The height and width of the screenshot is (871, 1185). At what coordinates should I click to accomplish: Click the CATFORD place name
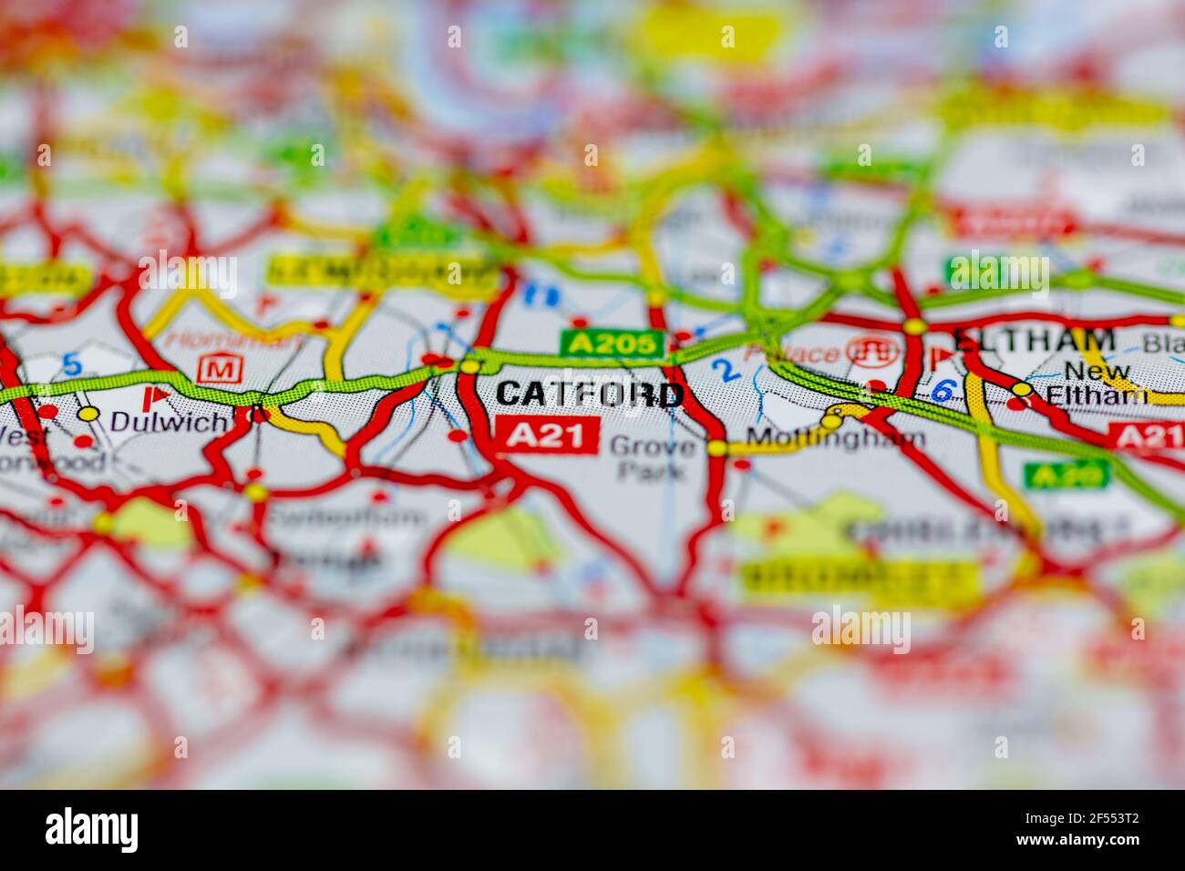click(590, 394)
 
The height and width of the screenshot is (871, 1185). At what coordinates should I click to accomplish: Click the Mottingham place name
click(835, 438)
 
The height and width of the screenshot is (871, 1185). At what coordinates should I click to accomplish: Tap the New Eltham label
click(1097, 384)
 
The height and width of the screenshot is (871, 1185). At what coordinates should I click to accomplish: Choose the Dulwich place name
click(168, 421)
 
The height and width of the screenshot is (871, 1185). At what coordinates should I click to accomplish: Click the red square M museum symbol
click(216, 369)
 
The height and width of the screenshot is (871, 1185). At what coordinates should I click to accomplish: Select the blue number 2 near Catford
click(725, 369)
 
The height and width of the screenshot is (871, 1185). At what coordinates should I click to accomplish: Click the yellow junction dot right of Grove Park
click(718, 448)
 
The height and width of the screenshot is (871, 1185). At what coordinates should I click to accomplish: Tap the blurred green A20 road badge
click(1066, 474)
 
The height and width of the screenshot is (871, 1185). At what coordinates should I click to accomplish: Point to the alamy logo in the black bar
click(92, 829)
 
